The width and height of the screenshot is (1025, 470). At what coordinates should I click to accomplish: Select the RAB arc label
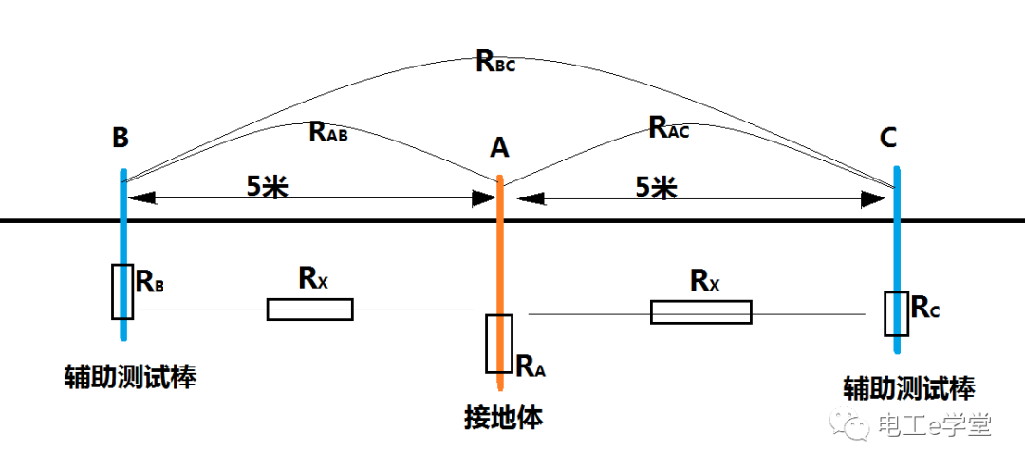(x=328, y=132)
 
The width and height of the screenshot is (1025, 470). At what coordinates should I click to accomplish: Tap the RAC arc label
(x=668, y=128)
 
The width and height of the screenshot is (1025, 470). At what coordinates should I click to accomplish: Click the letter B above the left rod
(x=121, y=139)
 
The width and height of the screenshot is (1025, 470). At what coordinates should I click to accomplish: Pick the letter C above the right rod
(x=888, y=139)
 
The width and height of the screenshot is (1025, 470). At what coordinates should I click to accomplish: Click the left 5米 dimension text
(x=267, y=186)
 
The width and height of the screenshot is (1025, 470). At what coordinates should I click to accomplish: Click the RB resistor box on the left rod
(x=122, y=291)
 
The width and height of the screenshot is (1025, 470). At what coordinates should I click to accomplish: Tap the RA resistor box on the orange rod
(x=499, y=343)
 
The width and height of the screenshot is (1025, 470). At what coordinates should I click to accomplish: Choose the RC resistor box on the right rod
(x=896, y=313)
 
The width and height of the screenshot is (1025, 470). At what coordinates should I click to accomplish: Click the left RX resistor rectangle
(x=309, y=310)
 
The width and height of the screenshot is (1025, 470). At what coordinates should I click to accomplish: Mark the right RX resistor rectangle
(x=700, y=311)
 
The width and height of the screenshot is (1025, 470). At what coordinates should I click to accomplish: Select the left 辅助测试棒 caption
(x=130, y=378)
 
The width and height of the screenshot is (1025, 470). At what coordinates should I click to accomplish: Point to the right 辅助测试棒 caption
(x=908, y=387)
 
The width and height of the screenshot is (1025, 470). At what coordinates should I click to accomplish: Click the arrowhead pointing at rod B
(x=140, y=198)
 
